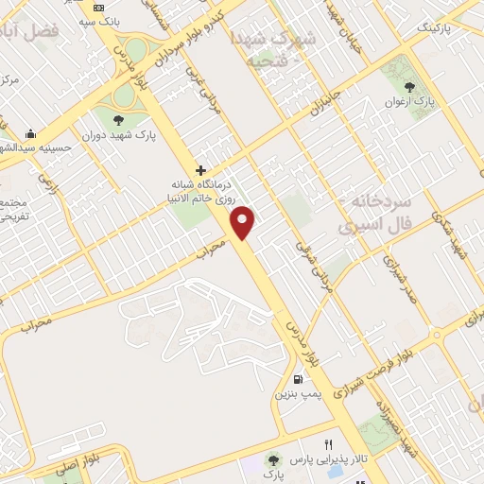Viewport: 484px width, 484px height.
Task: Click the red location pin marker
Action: (245, 222)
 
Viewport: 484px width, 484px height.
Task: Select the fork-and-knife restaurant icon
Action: (329, 443)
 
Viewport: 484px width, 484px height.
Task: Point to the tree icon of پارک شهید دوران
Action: (118, 119)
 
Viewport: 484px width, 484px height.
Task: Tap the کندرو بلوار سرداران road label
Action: (189, 37)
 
